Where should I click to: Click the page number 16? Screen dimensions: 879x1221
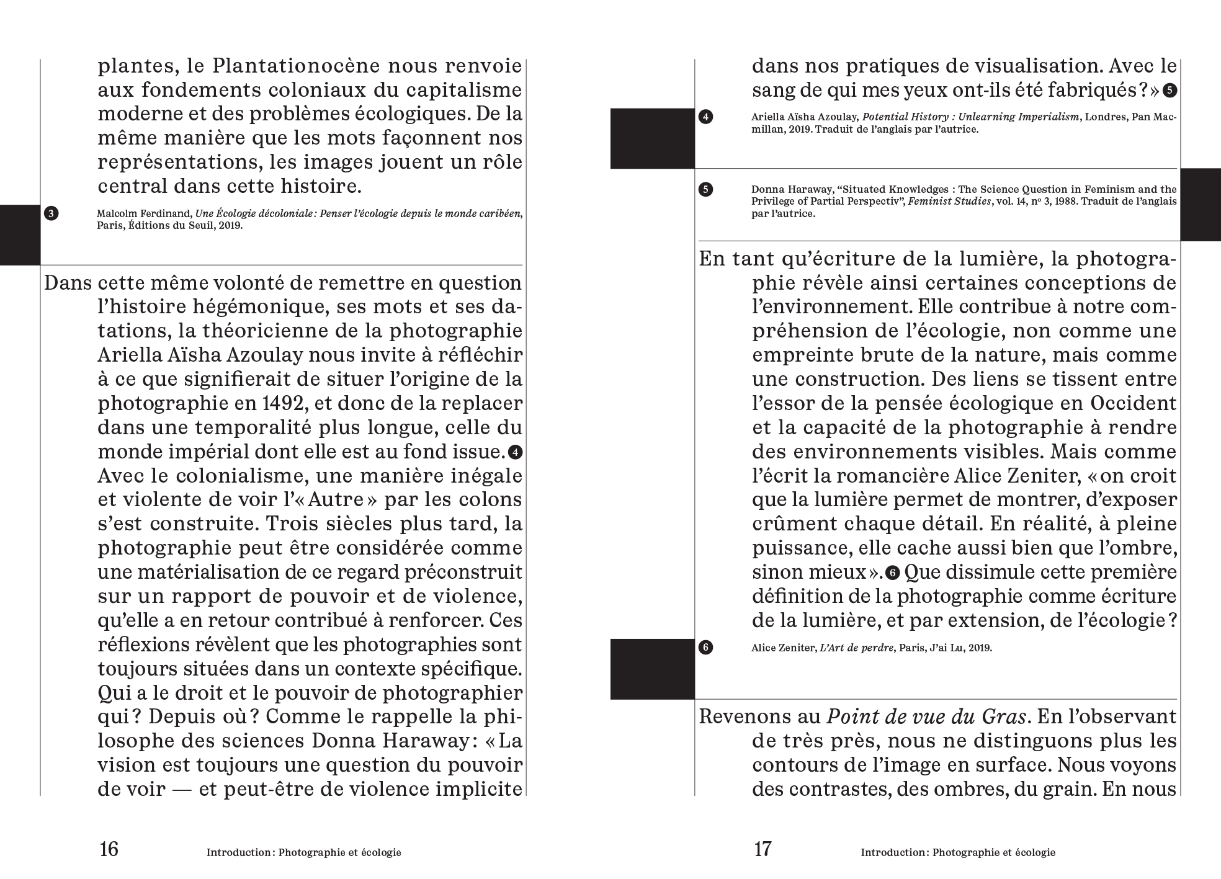[109, 849]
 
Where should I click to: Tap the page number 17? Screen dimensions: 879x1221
[762, 849]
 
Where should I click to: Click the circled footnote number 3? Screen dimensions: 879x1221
[51, 214]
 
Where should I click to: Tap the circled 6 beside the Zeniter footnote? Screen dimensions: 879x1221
[705, 648]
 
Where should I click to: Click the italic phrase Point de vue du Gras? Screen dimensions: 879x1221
[926, 717]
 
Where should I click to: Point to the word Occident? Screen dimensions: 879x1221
[1132, 404]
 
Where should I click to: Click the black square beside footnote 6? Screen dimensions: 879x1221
[652, 669]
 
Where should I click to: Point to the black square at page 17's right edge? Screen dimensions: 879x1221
[1200, 204]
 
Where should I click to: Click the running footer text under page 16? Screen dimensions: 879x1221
[303, 853]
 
